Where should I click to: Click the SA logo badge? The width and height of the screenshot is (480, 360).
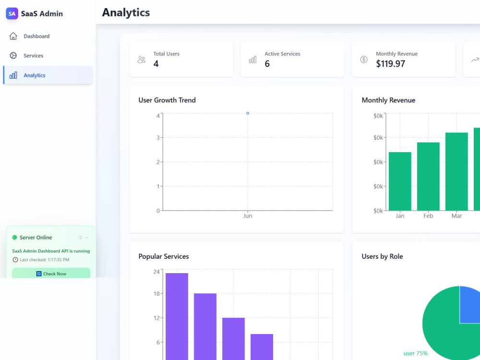[x=12, y=13]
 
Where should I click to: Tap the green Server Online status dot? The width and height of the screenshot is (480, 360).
[x=14, y=237]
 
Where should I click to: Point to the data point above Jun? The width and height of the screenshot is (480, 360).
[x=248, y=113]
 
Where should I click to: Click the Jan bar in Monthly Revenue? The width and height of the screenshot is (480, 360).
[x=400, y=181]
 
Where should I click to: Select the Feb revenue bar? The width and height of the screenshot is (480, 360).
[x=428, y=176]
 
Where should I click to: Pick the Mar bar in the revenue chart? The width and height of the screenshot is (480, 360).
[x=456, y=171]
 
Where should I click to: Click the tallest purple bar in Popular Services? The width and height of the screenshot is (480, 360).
[x=177, y=316]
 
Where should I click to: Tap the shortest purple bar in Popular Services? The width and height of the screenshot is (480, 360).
[x=262, y=347]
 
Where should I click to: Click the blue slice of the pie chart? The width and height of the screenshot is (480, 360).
[x=469, y=305]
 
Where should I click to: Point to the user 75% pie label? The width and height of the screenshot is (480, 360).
[x=415, y=353]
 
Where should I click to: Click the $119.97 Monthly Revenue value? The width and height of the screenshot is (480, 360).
[x=390, y=64]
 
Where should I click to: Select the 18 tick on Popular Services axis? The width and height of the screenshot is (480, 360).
[x=156, y=294]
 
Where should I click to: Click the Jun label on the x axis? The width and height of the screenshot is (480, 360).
[x=248, y=216]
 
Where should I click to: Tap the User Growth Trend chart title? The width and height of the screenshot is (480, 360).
[x=167, y=100]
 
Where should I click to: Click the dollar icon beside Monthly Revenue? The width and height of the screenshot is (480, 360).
[x=364, y=60]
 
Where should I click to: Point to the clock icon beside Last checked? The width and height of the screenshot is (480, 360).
[x=15, y=260]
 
